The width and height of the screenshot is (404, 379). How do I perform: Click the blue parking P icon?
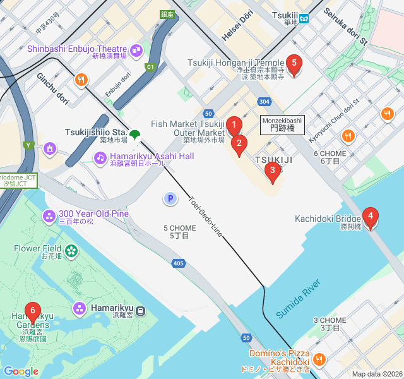(x=170, y=199)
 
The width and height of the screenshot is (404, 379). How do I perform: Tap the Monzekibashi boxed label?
(x=282, y=124)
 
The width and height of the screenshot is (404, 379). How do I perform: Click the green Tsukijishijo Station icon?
(x=135, y=134)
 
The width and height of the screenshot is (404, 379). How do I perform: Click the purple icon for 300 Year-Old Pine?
(x=49, y=217)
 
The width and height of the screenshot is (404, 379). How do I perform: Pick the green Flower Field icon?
(x=71, y=251)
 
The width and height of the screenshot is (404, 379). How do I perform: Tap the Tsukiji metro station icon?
(x=304, y=18)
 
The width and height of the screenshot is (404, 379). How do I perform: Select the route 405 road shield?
(x=178, y=263)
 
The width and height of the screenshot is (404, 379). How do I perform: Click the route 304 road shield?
(x=264, y=101)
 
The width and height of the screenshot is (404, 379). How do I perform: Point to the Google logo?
(x=21, y=371)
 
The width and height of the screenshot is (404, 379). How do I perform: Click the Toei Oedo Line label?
(x=206, y=216)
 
